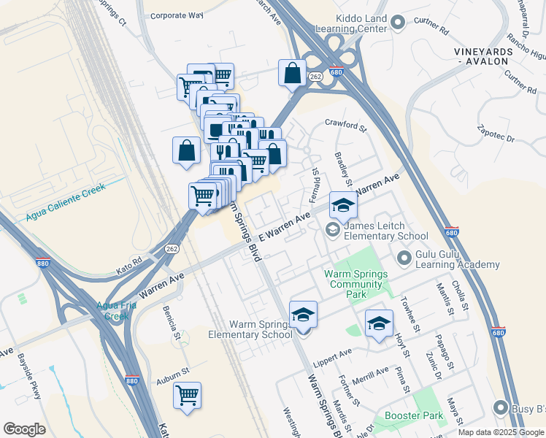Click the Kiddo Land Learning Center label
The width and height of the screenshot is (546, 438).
point(350,23)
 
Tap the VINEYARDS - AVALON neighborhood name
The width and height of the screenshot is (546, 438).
point(480,56)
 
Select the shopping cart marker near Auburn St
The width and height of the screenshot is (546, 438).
point(187,396)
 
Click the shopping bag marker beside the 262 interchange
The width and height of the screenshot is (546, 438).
point(292,73)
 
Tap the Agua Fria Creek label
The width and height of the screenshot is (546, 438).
point(107,311)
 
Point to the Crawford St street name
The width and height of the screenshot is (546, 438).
point(345,126)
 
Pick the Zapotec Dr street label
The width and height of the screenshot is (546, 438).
point(500,137)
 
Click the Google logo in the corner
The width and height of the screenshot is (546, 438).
point(24,429)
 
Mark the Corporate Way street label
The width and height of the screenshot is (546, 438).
point(176,15)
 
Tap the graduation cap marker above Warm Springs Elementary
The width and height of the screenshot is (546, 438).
point(303,315)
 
